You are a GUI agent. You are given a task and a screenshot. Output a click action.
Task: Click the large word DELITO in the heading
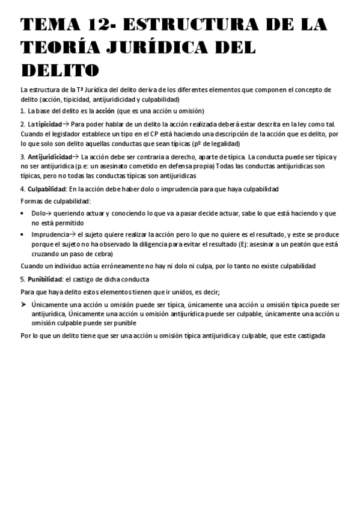59,71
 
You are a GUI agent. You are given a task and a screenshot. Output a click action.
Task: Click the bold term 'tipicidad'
49,124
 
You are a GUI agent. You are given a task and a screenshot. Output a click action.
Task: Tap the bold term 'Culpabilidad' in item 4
46,189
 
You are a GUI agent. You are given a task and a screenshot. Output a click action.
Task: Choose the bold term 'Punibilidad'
45,280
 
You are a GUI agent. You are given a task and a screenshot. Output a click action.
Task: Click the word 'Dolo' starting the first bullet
38,214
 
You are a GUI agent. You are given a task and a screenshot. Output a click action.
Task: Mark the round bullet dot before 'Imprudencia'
23,235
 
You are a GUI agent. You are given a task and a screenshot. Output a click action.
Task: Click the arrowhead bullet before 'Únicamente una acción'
23,305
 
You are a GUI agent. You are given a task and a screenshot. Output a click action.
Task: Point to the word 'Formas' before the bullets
31,201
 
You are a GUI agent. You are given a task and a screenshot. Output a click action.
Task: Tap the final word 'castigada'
308,336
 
